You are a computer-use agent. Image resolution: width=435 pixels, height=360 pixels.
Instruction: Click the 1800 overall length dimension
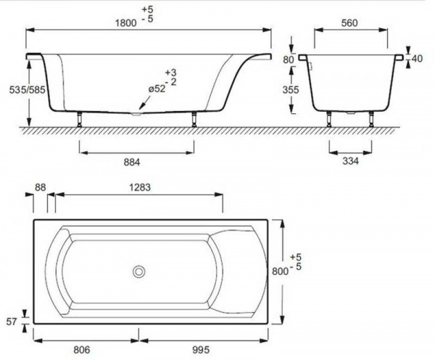click(126, 22)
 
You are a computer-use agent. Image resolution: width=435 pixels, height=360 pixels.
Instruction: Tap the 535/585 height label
click(28, 90)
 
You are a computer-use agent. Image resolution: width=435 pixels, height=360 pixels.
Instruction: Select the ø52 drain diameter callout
click(157, 89)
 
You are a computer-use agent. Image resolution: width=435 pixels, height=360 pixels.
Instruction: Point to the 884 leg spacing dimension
click(132, 162)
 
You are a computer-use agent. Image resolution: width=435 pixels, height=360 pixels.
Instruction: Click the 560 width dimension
click(349, 22)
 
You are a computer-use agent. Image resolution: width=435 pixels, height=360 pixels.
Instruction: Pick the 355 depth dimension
click(291, 90)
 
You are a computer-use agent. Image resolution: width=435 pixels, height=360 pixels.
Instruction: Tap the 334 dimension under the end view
click(351, 161)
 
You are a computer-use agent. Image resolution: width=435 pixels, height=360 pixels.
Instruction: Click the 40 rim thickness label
click(417, 59)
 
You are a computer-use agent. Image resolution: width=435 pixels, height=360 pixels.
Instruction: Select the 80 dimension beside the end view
click(289, 60)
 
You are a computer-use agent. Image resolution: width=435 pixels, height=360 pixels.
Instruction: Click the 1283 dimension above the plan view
click(140, 187)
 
